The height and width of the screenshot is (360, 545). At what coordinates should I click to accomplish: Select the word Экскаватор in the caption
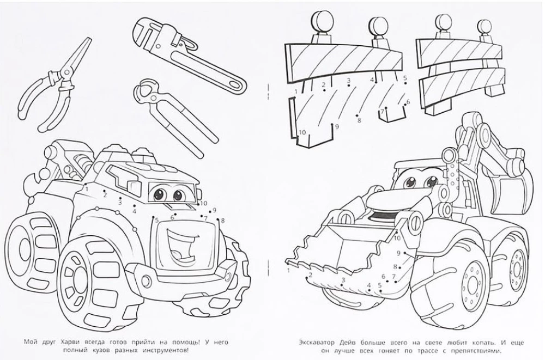[x=322, y=341]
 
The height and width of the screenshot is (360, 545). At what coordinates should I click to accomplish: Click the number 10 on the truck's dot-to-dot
[x=203, y=203]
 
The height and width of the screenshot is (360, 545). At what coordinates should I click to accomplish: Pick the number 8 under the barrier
[x=360, y=120]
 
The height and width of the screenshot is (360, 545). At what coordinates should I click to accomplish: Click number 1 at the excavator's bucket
[x=287, y=270]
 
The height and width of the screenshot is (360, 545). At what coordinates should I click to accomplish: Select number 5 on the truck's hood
[x=156, y=220]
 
